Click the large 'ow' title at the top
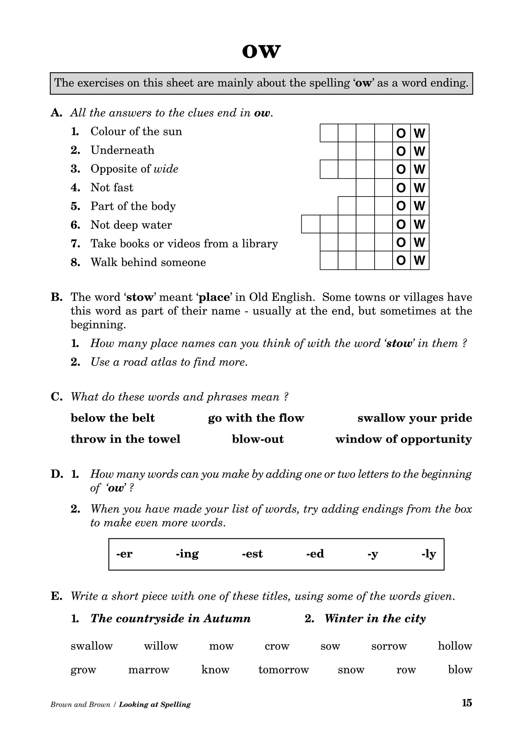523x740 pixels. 261,52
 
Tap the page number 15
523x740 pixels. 467,702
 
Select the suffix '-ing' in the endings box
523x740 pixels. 187,554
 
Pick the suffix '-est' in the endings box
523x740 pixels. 252,554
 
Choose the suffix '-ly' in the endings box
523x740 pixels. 429,554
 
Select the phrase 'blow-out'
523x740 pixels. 258,439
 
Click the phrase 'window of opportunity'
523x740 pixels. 403,439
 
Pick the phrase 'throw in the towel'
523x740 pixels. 125,439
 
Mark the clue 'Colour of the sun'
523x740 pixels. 136,131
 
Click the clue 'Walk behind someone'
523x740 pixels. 148,262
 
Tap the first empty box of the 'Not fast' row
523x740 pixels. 365,188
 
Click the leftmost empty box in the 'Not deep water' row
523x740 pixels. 311,224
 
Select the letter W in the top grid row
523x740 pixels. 420,133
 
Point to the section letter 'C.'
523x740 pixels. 57,397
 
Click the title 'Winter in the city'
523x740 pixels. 375,618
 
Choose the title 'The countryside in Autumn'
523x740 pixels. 170,618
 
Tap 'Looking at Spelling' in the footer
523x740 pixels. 155,704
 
